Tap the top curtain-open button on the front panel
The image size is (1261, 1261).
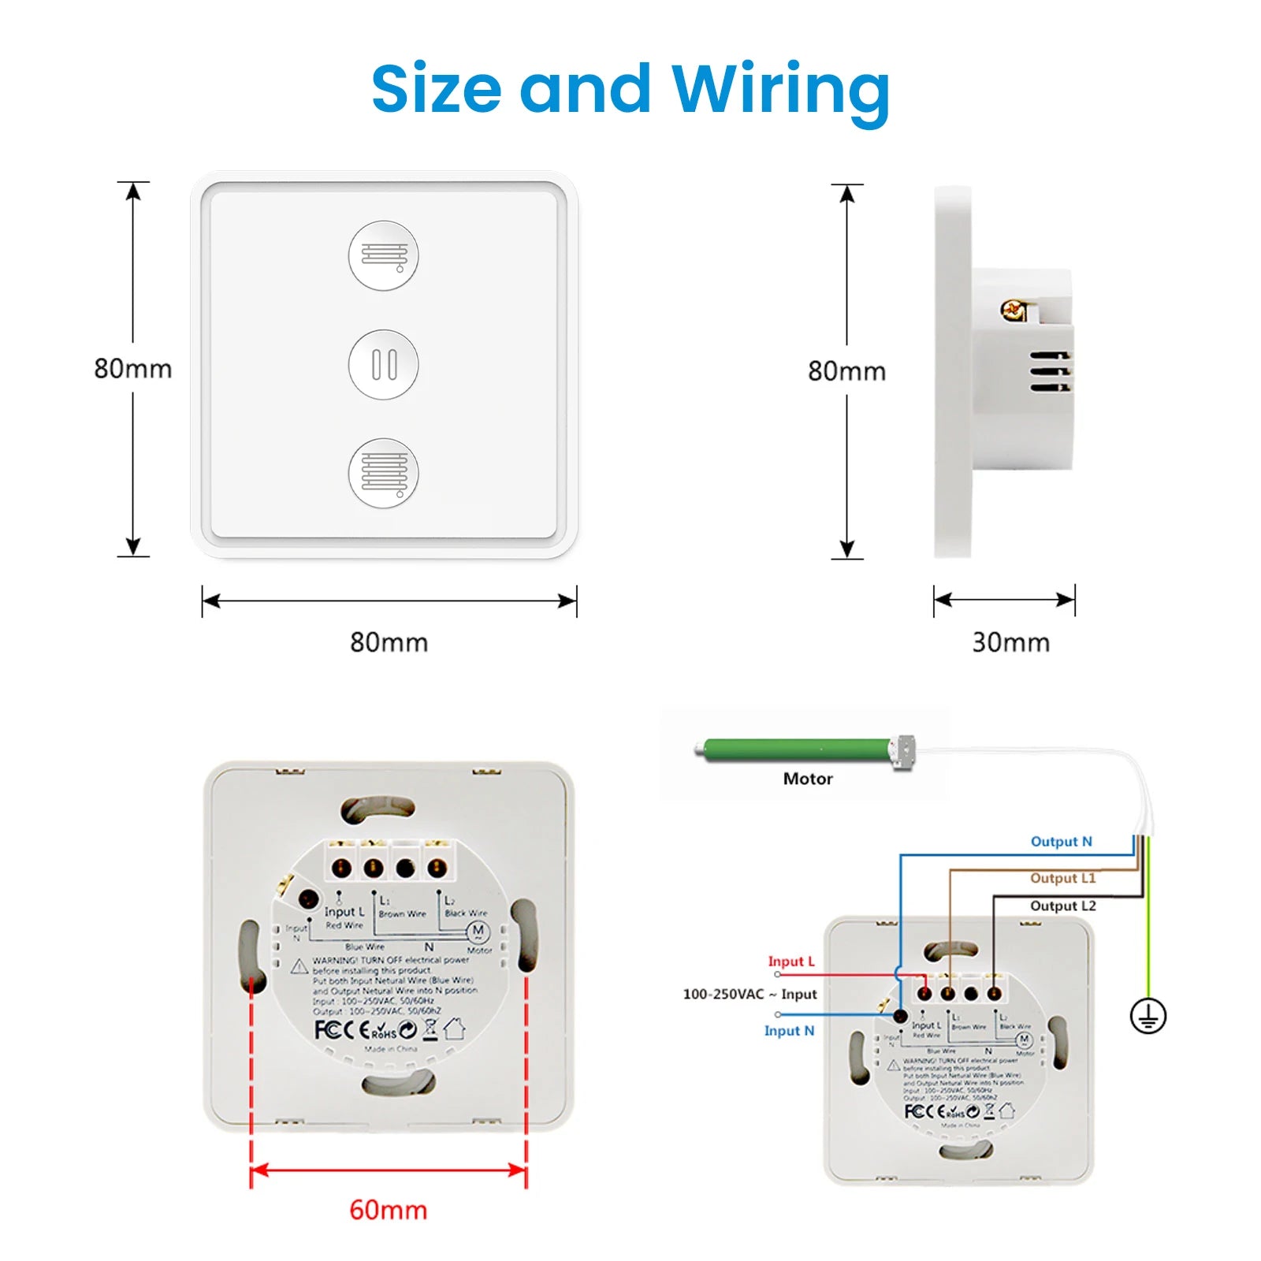(384, 255)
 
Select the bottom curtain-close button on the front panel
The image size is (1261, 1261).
(384, 474)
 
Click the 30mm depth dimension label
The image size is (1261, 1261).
(1010, 642)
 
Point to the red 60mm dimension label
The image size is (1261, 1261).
(388, 1210)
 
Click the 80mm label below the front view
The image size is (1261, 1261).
(389, 642)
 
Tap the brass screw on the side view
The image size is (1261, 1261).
(1014, 310)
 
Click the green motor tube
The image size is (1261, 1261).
(796, 750)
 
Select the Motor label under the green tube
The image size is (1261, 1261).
(808, 779)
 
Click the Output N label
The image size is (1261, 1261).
(1061, 842)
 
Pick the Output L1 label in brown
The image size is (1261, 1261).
(1062, 878)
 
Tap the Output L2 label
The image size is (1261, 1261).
(1062, 906)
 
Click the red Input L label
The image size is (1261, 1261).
(790, 962)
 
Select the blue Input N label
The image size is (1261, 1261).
(789, 1031)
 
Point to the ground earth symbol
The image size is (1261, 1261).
(1148, 1016)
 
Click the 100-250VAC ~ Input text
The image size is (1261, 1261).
(750, 995)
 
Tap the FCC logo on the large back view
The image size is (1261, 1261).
(327, 1029)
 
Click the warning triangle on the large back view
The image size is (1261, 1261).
(299, 966)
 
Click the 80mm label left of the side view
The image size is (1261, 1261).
(846, 371)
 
